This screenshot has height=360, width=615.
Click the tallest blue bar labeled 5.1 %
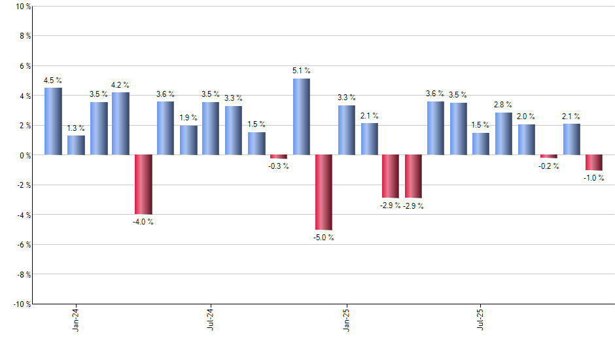pyautogui.click(x=301, y=117)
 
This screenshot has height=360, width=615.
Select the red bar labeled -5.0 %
pyautogui.click(x=324, y=192)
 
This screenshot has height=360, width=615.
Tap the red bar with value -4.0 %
pyautogui.click(x=143, y=185)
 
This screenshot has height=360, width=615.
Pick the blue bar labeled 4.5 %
pyautogui.click(x=53, y=121)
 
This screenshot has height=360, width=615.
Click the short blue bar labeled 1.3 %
pyautogui.click(x=76, y=145)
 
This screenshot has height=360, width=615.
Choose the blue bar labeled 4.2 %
pyautogui.click(x=120, y=124)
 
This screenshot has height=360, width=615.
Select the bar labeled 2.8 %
pyautogui.click(x=504, y=134)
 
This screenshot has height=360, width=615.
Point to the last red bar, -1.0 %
pyautogui.click(x=594, y=162)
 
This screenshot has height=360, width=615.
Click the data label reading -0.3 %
pyautogui.click(x=279, y=166)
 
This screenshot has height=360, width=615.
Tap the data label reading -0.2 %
pyautogui.click(x=549, y=166)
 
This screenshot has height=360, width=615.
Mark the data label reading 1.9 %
pyautogui.click(x=188, y=118)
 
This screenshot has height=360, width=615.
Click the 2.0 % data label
pyautogui.click(x=527, y=117)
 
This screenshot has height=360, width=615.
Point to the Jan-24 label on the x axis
pyautogui.click(x=76, y=319)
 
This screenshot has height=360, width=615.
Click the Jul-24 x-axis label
pyautogui.click(x=211, y=319)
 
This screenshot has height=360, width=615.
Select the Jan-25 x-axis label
pyautogui.click(x=346, y=319)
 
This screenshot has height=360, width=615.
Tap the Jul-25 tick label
pyautogui.click(x=481, y=319)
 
